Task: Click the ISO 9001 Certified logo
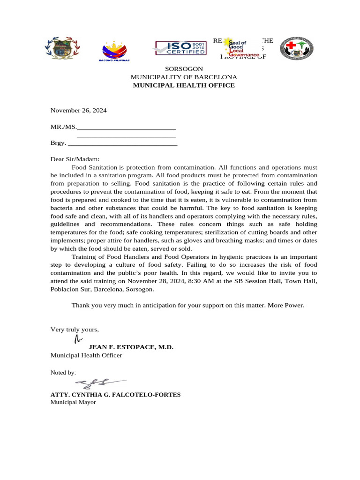[180, 48]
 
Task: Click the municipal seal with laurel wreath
[62, 48]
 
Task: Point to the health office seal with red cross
[296, 49]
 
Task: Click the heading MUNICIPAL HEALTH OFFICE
[184, 85]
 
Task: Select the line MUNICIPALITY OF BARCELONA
[184, 77]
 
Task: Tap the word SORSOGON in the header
[184, 69]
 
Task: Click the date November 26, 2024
[79, 111]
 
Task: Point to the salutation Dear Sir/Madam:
[75, 159]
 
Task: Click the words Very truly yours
[75, 330]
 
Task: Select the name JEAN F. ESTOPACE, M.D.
[131, 347]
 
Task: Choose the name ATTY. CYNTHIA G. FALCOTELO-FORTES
[115, 395]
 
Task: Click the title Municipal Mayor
[73, 402]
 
